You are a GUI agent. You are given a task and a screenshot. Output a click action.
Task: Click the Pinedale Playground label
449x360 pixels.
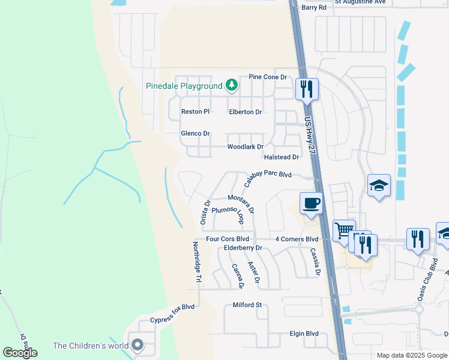[x=184, y=86]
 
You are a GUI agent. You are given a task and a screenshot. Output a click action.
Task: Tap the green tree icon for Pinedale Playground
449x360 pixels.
[x=232, y=86]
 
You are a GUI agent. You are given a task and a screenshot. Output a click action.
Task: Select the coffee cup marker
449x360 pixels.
[x=311, y=203]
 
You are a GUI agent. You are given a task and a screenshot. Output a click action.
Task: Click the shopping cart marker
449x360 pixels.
[x=344, y=230]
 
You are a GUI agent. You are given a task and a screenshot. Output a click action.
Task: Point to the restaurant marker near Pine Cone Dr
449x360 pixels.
[x=307, y=89]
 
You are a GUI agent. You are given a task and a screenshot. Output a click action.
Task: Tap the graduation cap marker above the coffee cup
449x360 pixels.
[x=379, y=185]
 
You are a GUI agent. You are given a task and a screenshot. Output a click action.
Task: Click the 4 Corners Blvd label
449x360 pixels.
[x=297, y=239]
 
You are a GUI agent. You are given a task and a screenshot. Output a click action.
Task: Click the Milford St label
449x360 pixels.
[x=248, y=305]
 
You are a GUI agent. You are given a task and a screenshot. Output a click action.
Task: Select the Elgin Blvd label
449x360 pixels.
[x=304, y=334]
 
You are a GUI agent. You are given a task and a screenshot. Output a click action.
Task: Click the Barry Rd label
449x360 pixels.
[x=314, y=7]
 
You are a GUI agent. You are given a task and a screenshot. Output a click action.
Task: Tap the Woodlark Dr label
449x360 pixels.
[x=245, y=147]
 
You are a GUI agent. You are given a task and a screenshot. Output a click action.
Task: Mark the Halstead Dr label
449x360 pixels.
[x=282, y=157]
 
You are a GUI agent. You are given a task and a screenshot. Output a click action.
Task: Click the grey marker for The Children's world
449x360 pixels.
[x=138, y=345]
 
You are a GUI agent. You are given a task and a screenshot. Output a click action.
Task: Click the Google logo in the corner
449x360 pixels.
[x=20, y=353]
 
